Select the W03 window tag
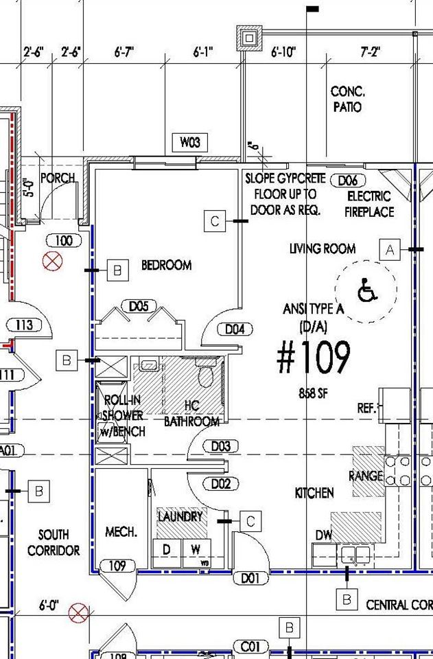pos(190,143)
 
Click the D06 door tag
pos(348,181)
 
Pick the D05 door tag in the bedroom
pos(139,306)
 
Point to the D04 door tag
pos(234,329)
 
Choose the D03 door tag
pos(220,447)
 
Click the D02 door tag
pos(220,484)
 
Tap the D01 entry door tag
pos(250,579)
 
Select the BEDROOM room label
pos(166,265)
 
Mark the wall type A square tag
pos(390,250)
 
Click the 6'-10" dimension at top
pos(283,52)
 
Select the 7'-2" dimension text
pos(370,52)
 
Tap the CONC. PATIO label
pos(347,100)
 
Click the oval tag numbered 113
pos(25,325)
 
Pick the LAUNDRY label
pos(180,516)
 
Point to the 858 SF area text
pos(312,394)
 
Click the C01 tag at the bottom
pos(250,646)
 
